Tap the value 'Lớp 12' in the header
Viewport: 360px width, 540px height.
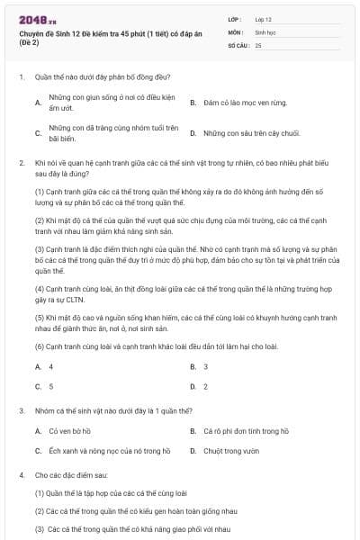tap(264, 18)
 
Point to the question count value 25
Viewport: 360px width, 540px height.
tap(258, 44)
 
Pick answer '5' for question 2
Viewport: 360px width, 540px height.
tap(50, 386)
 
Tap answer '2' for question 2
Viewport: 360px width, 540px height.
tap(206, 386)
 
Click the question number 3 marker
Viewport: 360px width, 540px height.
tap(21, 410)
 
